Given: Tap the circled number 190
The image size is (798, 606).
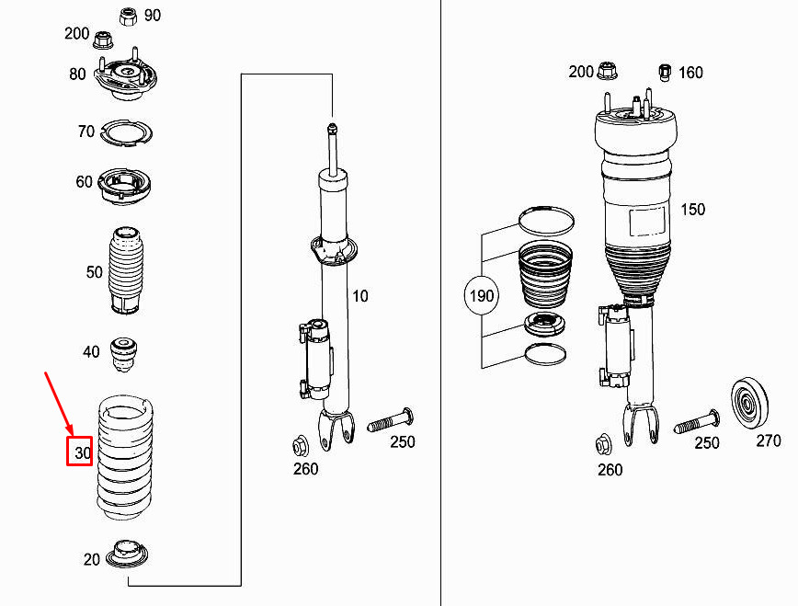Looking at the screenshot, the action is point(482,295).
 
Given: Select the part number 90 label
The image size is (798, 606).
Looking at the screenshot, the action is point(153,16).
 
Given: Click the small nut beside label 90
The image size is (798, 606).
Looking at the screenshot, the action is point(129,17).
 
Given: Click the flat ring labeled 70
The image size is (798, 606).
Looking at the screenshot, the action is point(127,133).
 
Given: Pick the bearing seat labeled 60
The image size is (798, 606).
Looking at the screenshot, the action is point(124,186).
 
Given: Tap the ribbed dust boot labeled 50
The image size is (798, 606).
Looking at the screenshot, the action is point(126,270).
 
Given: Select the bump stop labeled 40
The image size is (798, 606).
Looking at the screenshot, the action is point(123,353).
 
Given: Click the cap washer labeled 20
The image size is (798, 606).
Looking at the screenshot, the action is point(127,554).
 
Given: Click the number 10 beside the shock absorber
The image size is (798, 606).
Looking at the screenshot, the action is point(359,296).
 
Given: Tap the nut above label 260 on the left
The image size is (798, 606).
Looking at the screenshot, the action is point(300,447).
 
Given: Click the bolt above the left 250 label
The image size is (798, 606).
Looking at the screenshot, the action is point(391,420).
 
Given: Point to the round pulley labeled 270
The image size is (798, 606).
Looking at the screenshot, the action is point(749,405).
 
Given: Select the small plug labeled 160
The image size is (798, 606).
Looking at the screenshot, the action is point(665,73).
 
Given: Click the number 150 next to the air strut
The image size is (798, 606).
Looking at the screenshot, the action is point(692,210).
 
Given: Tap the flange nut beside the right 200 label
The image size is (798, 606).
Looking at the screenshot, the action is point(606,71).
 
